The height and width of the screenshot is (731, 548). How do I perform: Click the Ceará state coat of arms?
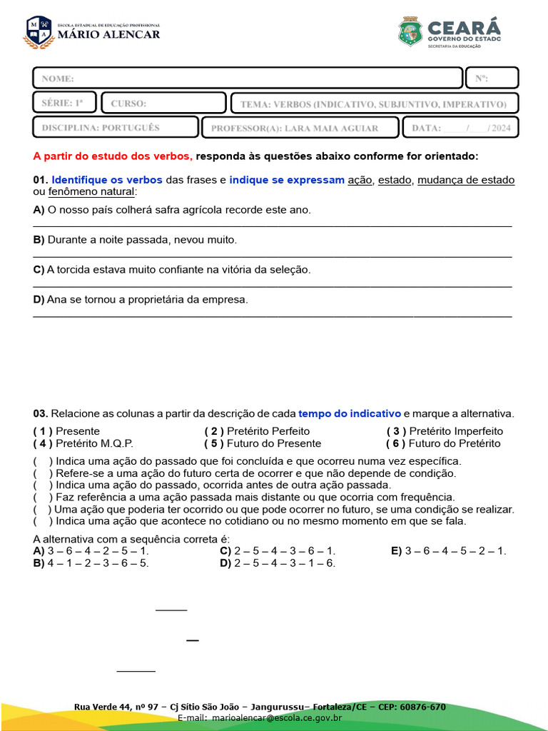coord(410,32)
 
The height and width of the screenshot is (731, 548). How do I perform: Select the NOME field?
coord(248,79)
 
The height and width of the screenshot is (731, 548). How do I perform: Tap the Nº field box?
coord(492,79)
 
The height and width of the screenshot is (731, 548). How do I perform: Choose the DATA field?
coord(461,128)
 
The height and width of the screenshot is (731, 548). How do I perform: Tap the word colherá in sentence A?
coord(131,210)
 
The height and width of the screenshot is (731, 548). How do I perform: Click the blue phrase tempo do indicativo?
coord(350,414)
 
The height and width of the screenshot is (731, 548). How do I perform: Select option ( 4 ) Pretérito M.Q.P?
coord(83,443)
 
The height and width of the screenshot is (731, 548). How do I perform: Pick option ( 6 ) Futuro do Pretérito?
coord(443,443)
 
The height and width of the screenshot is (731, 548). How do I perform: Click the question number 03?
coord(41,414)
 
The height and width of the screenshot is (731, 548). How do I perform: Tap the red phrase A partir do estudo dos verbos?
coord(113,156)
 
